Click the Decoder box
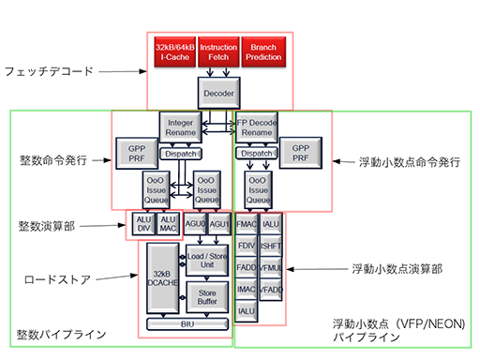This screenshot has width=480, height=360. point(217,93)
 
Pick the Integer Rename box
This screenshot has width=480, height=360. point(181,127)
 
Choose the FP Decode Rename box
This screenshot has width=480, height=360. point(256,127)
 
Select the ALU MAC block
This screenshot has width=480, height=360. point(167,224)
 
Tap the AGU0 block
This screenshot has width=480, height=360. point(194,225)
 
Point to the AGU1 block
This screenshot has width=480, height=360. point(219,225)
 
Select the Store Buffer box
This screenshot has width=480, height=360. point(207,296)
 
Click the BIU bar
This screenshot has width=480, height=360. point(187,324)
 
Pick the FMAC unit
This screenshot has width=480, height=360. point(247,225)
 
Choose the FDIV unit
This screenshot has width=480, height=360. point(247,246)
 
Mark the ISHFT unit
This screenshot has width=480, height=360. point(271,246)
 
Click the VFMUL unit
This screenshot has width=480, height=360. point(271,268)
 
